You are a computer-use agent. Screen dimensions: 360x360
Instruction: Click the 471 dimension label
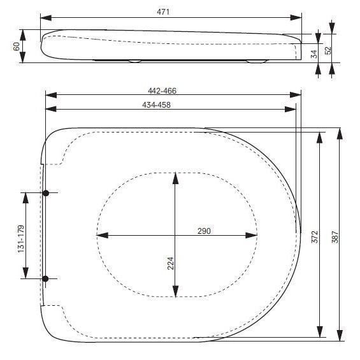tap(163, 11)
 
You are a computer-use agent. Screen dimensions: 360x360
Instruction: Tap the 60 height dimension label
tap(17, 47)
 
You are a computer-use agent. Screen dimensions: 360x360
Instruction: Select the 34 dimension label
tap(315, 54)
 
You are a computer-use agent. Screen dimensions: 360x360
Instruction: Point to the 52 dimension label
tap(328, 50)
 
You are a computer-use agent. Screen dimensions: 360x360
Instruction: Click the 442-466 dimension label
tap(162, 91)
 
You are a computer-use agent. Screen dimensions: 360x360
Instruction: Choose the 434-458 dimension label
tap(156, 105)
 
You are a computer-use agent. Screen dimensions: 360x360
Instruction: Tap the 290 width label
tap(204, 231)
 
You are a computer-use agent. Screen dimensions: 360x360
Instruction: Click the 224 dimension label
tap(171, 263)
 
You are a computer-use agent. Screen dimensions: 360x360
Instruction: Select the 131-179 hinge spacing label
tap(21, 239)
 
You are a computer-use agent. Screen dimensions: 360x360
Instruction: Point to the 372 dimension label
tap(315, 237)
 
